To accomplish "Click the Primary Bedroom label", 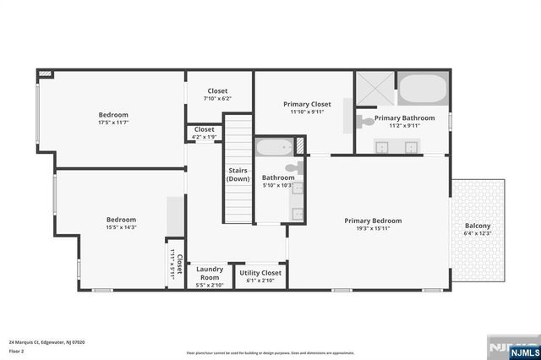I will pos(373,221).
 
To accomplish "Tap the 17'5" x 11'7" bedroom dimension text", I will pos(112,123).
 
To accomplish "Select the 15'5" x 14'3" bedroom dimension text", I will pos(121,227).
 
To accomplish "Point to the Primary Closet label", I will pos(306,104).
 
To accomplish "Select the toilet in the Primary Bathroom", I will pos(366,122).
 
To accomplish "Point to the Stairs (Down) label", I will pos(238,174).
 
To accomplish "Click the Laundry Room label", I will pos(209,273).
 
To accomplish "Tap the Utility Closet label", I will pos(260,273).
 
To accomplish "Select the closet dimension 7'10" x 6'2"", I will pos(217,99).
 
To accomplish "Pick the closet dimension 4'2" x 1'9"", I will pos(204,137).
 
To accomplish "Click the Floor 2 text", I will pos(17,350).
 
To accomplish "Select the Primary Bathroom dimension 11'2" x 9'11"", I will pos(404,126).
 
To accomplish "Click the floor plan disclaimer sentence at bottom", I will pos(270,352).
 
